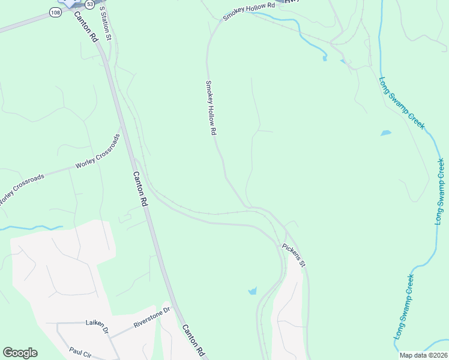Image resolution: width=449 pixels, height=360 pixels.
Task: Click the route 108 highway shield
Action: click(55, 13)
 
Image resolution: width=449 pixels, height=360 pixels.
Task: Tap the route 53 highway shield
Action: click(89, 4)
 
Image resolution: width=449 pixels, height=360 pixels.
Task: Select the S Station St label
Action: click(106, 24)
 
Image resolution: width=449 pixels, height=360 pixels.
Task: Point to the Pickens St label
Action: click(294, 255)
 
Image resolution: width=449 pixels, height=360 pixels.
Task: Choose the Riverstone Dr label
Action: click(152, 317)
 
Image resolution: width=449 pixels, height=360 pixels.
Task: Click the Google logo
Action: click(20, 353)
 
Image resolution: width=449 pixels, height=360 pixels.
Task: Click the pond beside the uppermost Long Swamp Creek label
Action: click(385, 133)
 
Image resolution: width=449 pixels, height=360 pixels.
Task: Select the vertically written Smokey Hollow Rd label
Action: click(211, 108)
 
